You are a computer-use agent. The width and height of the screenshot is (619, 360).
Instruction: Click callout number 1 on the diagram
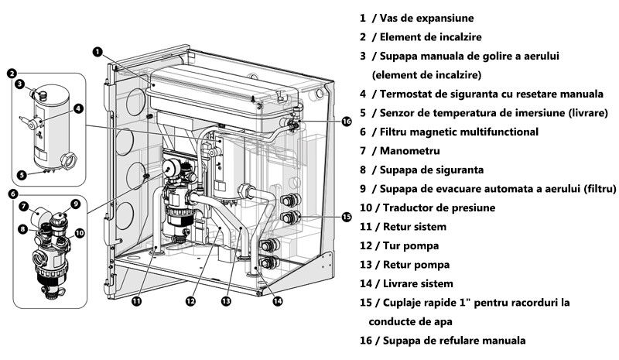pyautogui.click(x=97, y=52)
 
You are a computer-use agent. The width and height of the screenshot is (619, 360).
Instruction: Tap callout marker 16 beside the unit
pyautogui.click(x=346, y=122)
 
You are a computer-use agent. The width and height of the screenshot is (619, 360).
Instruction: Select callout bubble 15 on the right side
pyautogui.click(x=347, y=217)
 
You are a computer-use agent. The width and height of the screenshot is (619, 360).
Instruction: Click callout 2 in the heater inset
pyautogui.click(x=12, y=74)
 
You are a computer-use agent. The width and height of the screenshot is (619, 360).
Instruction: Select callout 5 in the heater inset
pyautogui.click(x=22, y=174)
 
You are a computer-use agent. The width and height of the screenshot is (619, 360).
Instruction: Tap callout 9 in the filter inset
pyautogui.click(x=75, y=204)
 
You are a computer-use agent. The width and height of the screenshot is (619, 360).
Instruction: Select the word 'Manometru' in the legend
pyautogui.click(x=409, y=150)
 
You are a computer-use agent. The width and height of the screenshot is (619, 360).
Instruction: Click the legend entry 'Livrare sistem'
pyautogui.click(x=416, y=284)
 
